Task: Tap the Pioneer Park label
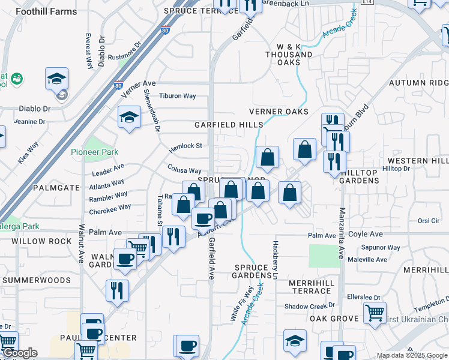click(95, 152)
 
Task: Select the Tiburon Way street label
click(178, 96)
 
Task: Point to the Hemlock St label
click(185, 146)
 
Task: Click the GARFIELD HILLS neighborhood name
click(228, 125)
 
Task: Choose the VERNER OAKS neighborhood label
click(279, 112)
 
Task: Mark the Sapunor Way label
click(381, 247)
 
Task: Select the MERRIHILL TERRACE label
click(310, 286)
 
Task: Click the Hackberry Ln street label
click(276, 260)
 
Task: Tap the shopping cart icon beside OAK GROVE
click(374, 313)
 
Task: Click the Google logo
click(20, 353)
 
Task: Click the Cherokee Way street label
click(110, 209)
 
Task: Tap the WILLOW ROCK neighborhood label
click(37, 241)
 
